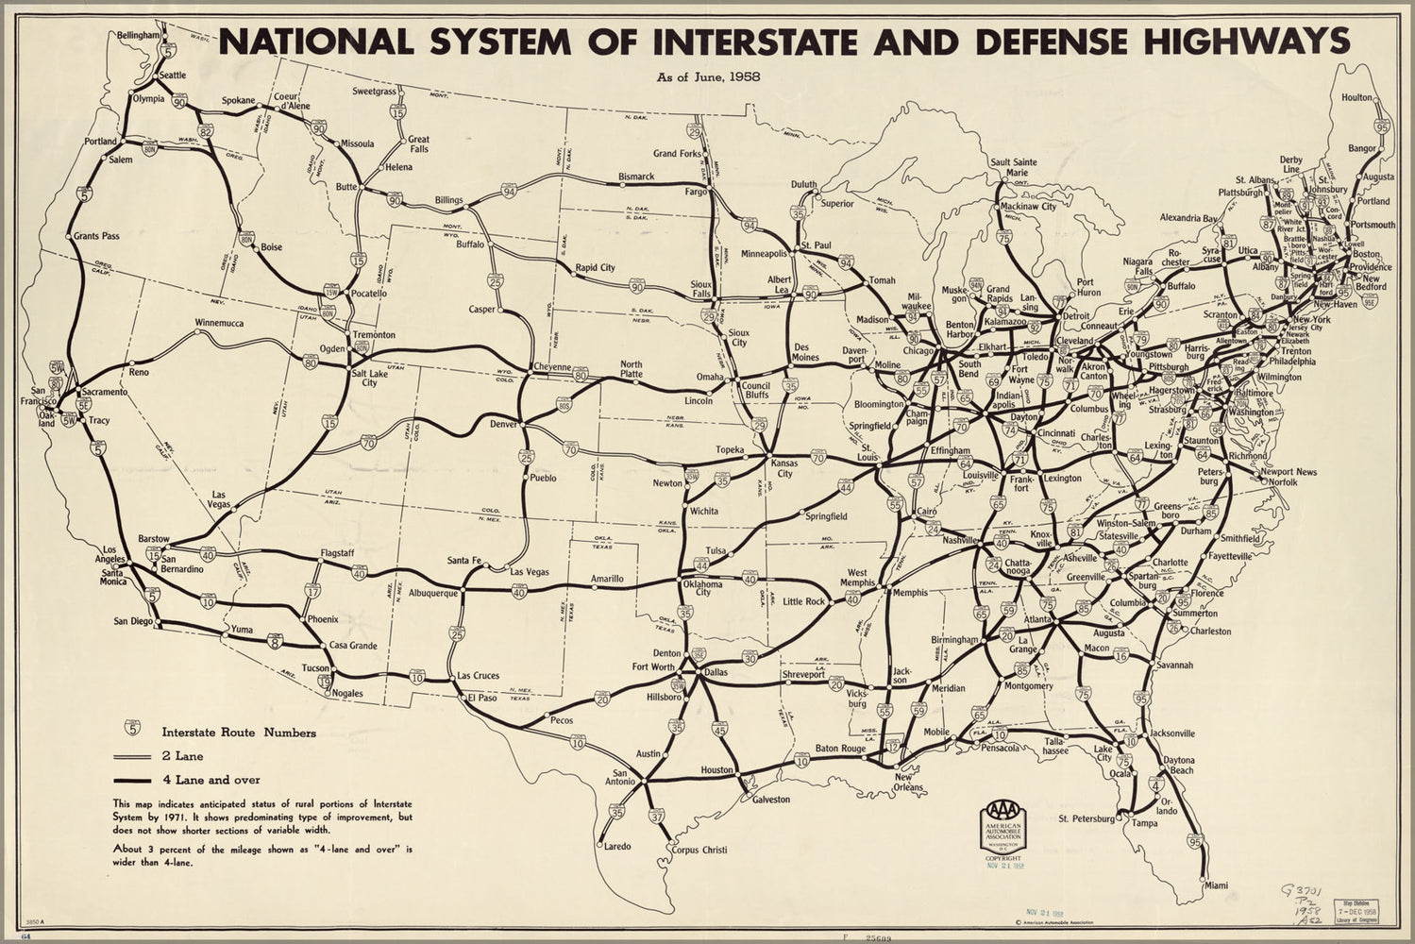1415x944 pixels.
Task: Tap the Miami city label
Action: click(1216, 885)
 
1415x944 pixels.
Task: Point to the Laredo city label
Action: click(617, 846)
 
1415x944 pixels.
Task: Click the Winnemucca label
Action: click(221, 323)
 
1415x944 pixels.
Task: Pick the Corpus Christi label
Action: click(700, 850)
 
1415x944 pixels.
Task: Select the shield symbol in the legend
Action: click(132, 729)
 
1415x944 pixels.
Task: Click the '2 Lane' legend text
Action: click(182, 755)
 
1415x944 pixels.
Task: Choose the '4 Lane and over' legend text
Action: click(211, 780)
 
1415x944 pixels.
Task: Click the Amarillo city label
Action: click(607, 579)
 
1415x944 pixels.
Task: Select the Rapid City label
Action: click(595, 267)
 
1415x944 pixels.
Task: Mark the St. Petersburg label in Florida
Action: click(1088, 818)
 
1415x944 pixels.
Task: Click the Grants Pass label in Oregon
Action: click(98, 235)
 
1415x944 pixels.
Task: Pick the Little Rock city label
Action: click(804, 601)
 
